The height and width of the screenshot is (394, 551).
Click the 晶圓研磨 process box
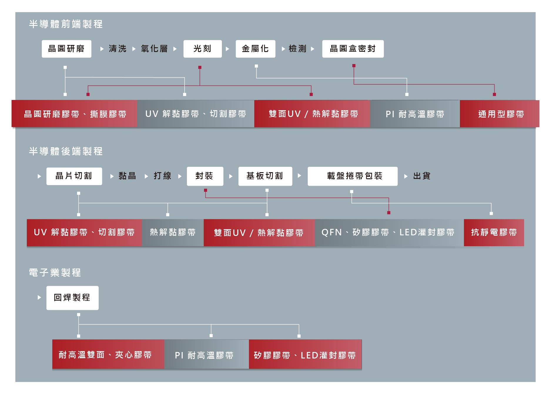66,49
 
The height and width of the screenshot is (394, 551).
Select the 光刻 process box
202,49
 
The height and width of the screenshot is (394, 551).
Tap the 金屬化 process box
255,49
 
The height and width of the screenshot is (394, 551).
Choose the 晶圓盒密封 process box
353,49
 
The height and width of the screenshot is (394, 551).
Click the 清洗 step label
118,49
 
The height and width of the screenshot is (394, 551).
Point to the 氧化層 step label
154,49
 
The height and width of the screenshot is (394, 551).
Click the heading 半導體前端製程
66,24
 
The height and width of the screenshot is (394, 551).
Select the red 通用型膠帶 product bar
499,114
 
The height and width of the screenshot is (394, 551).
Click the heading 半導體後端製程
66,151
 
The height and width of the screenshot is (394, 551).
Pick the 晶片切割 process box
74,176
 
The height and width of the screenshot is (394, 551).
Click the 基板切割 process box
265,176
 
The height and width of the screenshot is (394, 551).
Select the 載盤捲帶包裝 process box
352,176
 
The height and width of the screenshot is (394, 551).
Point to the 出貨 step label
422,176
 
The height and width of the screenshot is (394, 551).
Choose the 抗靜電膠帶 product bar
494,233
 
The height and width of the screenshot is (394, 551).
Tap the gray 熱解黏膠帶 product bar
172,233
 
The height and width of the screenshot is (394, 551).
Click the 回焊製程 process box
72,298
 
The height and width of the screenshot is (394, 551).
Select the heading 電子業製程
55,273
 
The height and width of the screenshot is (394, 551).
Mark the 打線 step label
162,176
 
